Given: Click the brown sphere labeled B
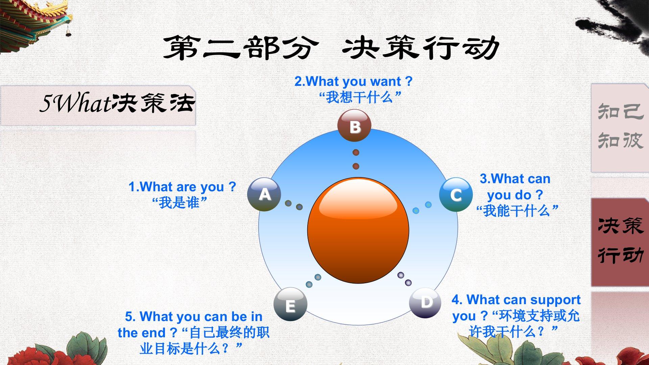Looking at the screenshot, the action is [354, 125].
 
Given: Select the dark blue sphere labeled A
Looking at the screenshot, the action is [264, 194].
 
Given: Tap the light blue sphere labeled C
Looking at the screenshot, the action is [456, 195].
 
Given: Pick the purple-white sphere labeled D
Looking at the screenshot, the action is [425, 302].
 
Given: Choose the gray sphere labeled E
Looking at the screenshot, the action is [290, 305].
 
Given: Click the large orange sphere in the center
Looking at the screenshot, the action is [358, 230].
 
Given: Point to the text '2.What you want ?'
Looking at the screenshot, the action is [354, 81].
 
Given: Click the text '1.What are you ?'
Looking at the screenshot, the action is [182, 187].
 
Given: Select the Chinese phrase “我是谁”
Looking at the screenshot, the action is [179, 203].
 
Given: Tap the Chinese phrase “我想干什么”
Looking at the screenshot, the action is [360, 97].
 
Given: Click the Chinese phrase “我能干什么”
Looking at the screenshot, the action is [517, 211].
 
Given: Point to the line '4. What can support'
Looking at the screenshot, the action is [516, 300].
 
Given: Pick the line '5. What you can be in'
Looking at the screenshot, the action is [194, 317].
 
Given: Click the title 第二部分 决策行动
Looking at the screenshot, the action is [331, 48].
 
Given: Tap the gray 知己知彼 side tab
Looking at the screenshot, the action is [620, 127].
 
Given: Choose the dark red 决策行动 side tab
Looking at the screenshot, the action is [620, 242].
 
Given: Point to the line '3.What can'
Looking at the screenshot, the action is [515, 179].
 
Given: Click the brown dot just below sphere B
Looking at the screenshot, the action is [356, 152].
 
